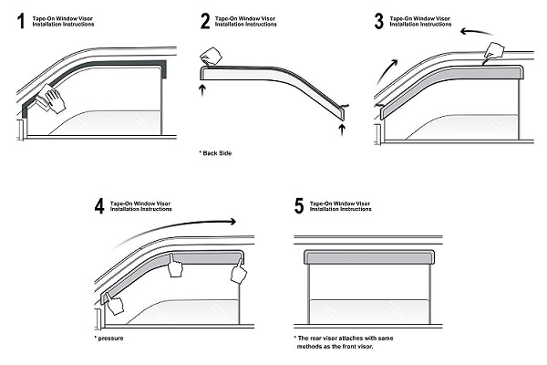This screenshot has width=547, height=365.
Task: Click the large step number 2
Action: (x=205, y=21)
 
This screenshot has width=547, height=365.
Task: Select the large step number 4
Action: (x=98, y=206)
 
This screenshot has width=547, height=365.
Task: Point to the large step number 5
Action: (x=299, y=206)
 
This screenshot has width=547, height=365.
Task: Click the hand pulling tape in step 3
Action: (x=495, y=52)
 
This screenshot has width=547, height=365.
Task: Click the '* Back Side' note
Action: (x=216, y=153)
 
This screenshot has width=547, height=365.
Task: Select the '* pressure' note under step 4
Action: (x=112, y=339)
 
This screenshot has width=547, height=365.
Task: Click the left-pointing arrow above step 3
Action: (x=475, y=31)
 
